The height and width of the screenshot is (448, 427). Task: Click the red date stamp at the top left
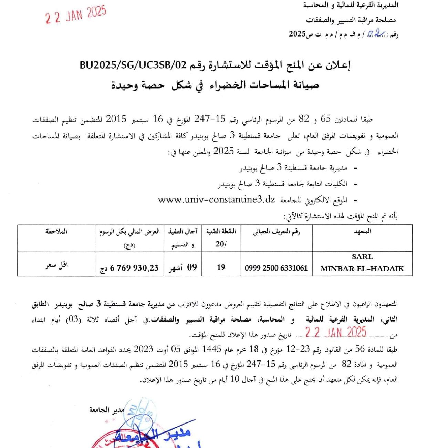[76, 14]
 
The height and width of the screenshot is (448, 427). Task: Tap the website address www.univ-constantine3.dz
[217, 200]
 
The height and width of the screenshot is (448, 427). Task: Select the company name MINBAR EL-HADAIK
[362, 268]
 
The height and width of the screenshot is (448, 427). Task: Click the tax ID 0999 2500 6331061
[276, 268]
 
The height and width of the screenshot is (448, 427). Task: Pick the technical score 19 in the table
[221, 267]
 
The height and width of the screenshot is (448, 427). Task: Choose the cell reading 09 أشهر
[183, 267]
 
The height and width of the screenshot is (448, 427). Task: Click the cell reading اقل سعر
[56, 265]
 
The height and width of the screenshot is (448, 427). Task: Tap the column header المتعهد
[362, 232]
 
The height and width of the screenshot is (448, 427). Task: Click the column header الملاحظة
[56, 232]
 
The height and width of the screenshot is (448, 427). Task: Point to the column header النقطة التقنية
[221, 231]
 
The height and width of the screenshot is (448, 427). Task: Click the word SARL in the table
[362, 257]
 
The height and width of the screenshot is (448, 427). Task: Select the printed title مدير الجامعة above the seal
[107, 410]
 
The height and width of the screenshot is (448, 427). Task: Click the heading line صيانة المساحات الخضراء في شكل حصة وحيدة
[215, 85]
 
